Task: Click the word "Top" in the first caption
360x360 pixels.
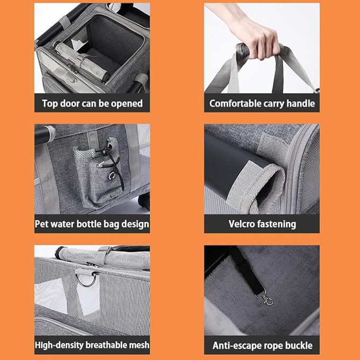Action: [x=49, y=103]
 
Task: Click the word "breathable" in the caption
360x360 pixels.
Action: [x=106, y=345]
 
